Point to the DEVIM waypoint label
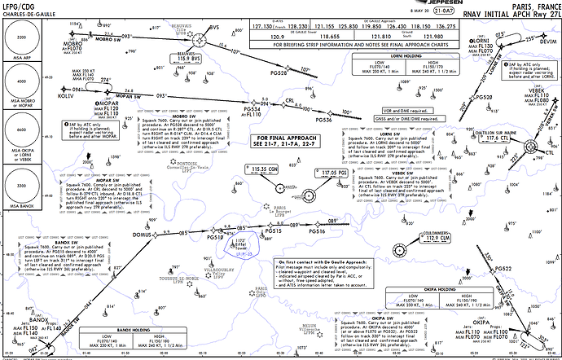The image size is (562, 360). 548,40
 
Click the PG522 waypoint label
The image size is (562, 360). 503,269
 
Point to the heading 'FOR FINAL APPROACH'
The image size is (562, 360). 270,139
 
